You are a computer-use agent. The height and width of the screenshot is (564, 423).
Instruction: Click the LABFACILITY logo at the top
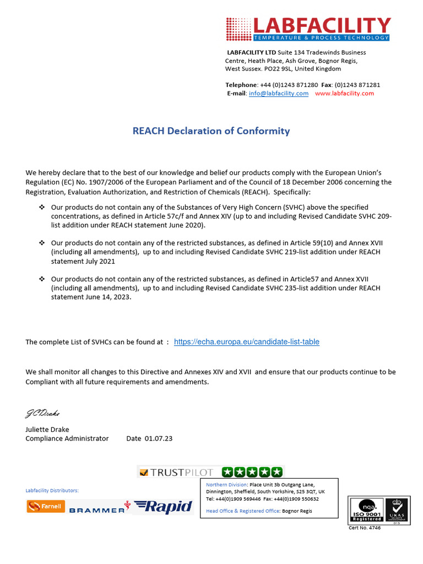308,29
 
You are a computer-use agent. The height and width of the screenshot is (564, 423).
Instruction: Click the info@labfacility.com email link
278,94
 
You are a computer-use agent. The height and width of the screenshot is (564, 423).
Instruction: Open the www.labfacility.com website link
344,94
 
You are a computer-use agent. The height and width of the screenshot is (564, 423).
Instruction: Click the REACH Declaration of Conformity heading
211,131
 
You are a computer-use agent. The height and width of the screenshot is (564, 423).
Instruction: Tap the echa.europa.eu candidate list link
246,342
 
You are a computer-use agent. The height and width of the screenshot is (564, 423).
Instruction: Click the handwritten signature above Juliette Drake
42,413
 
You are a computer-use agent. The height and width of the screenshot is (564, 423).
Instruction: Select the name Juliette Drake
47,429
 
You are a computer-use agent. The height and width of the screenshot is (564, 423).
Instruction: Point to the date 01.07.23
159,438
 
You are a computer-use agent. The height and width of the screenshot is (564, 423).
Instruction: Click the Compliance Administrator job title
67,438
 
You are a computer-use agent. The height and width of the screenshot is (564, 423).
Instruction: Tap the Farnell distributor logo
46,506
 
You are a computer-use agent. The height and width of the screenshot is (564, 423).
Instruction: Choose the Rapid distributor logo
164,507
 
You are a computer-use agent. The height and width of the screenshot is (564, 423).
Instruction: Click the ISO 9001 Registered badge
366,511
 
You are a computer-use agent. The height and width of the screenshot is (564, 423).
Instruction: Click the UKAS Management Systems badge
396,511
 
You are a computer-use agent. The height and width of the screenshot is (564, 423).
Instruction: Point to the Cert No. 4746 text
365,528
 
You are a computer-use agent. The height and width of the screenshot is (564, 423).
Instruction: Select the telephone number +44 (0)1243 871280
289,85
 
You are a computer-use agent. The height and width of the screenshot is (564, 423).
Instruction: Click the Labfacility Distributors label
52,490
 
